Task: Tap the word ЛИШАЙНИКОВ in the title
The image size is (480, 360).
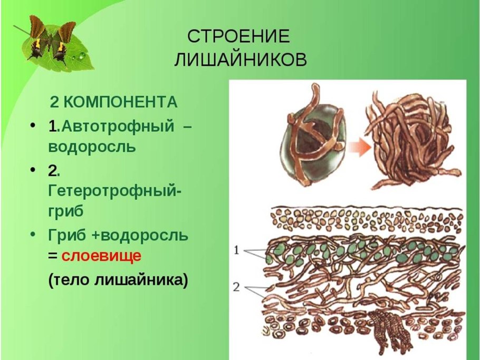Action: click(x=240, y=60)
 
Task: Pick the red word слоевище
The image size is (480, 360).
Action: click(x=101, y=257)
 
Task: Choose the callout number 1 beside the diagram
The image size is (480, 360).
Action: click(x=237, y=251)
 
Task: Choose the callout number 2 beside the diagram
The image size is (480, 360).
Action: click(x=237, y=287)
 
